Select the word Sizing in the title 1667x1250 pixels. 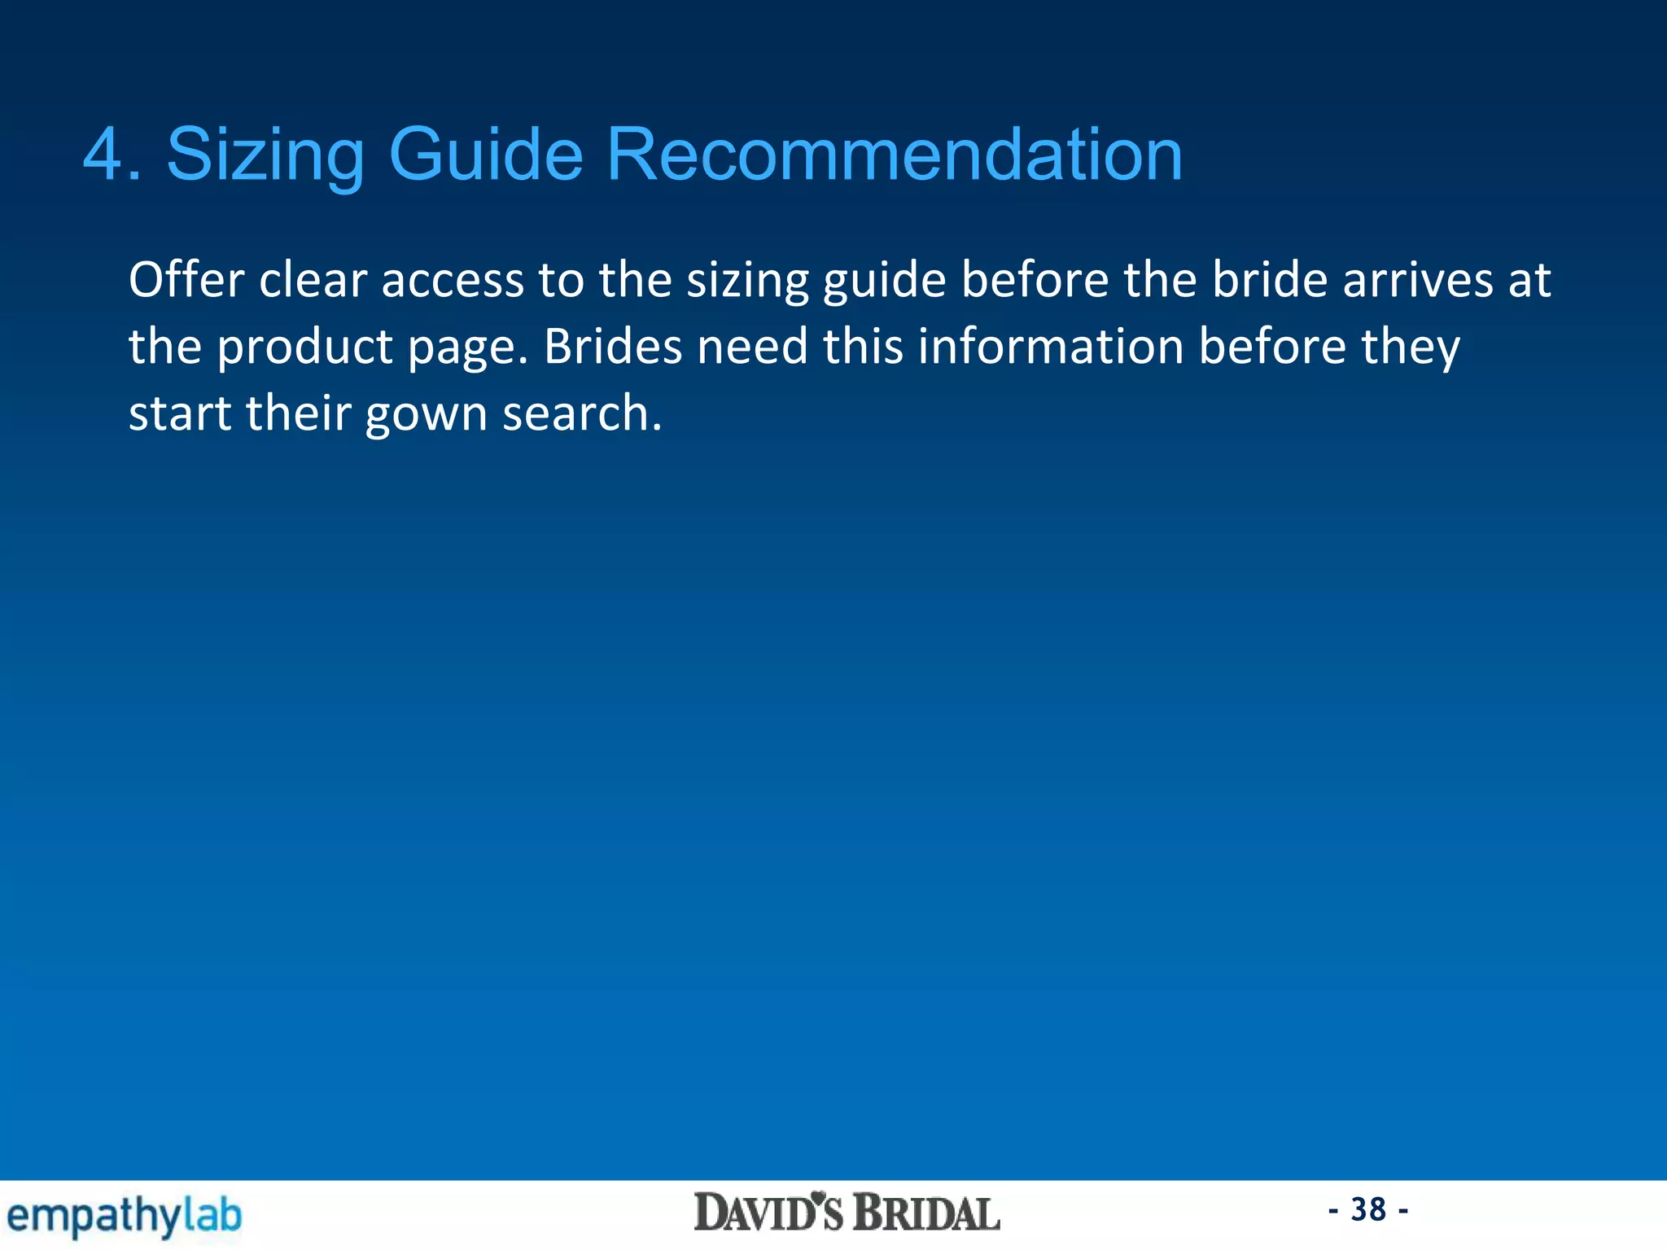[265, 156]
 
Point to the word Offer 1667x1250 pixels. [186, 280]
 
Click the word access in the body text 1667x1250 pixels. [453, 282]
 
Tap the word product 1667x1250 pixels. [305, 348]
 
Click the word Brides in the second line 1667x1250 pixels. [613, 347]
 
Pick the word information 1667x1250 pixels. [1051, 347]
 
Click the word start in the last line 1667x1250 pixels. [180, 413]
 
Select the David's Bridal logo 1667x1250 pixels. [847, 1213]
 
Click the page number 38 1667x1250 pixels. [1368, 1210]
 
